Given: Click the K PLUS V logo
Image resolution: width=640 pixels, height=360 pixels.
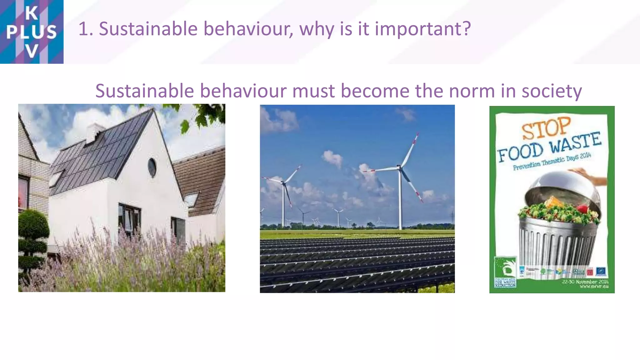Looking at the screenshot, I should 32,32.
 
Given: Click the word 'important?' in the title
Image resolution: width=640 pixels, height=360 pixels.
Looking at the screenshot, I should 422,29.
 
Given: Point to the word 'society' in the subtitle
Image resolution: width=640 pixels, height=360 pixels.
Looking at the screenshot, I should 552,91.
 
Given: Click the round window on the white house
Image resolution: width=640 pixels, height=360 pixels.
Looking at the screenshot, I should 152,167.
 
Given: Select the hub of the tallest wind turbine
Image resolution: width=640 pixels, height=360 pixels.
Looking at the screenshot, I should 400,168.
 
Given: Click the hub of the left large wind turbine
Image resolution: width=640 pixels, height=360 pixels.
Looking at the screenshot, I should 283,182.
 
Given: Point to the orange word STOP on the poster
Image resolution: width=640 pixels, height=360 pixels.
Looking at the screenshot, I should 546,128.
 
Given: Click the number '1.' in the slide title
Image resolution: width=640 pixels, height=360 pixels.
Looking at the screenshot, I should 86,29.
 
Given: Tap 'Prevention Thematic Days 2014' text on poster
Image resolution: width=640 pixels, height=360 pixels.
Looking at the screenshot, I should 552,162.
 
